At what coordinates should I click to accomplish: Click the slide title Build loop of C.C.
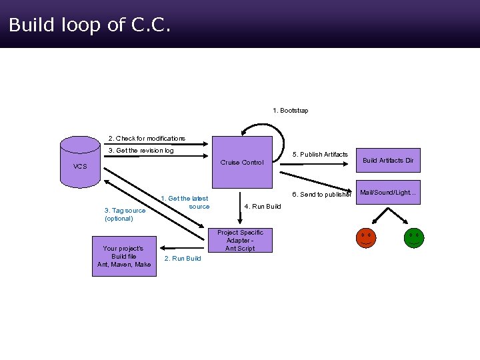[90, 25]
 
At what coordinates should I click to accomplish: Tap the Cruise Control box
[242, 162]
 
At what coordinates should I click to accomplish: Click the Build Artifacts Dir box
[388, 161]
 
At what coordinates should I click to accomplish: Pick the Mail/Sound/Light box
[388, 193]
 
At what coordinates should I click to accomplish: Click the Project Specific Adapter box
[240, 241]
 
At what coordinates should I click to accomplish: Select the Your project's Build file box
[124, 256]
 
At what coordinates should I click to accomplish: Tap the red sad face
[365, 238]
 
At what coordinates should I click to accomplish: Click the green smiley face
[414, 238]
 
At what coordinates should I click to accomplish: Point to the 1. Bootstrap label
[291, 110]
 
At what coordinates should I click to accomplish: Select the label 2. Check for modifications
[147, 139]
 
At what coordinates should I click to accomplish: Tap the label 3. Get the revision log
[141, 151]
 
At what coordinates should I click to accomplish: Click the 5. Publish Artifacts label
[320, 155]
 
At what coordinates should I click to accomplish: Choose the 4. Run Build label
[263, 207]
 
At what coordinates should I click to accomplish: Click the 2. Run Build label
[183, 259]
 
